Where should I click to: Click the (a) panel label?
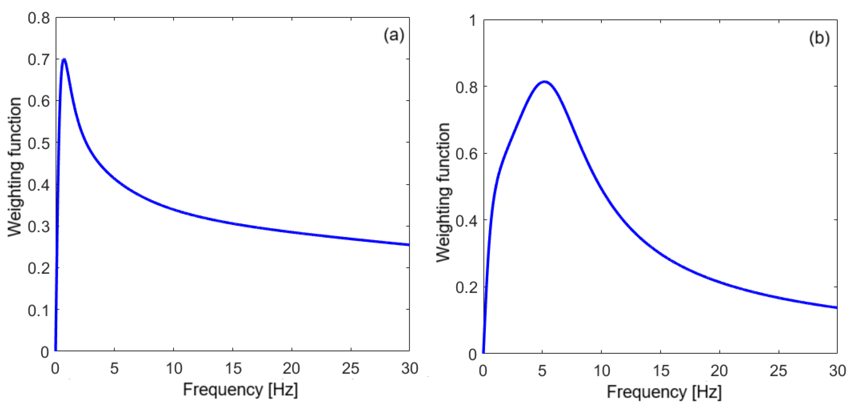[x=394, y=35]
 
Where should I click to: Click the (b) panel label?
[x=819, y=38]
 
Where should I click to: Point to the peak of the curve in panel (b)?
[x=544, y=81]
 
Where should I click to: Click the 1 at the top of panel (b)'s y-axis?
[x=473, y=21]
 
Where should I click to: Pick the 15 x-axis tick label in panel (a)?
[x=233, y=368]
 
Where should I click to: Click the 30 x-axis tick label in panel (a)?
[x=409, y=368]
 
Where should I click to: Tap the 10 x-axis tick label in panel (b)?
[x=601, y=371]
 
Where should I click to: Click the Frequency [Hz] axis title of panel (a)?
[x=240, y=389]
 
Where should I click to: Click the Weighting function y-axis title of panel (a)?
[x=15, y=167]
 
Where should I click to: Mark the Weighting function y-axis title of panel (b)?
[x=443, y=192]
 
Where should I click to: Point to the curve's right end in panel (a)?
[x=409, y=245]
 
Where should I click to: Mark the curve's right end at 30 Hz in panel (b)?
[x=836, y=307]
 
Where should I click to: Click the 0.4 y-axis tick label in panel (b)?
[x=466, y=220]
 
